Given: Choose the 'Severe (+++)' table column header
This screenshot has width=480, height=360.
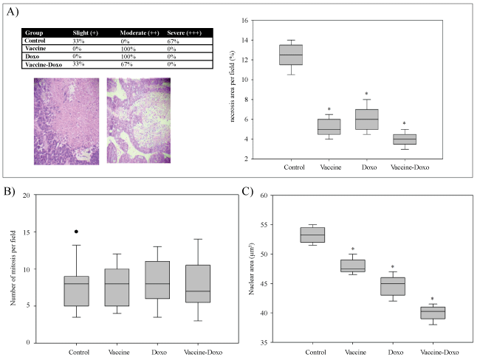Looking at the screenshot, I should tap(178, 33).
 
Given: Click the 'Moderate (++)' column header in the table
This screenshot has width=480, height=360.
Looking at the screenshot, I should tap(128, 33).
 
